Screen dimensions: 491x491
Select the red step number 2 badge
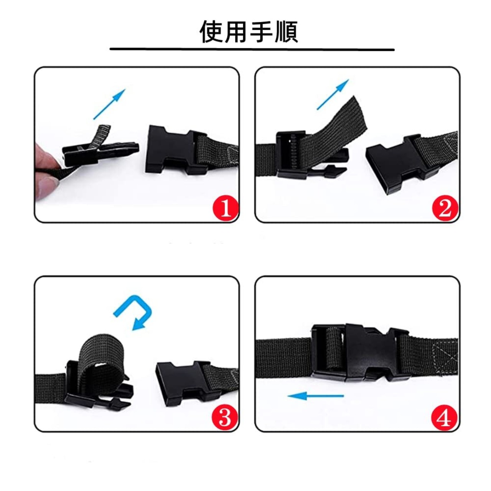pos(445,209)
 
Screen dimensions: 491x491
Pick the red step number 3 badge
pos(225,417)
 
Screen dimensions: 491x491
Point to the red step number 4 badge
pos(444,417)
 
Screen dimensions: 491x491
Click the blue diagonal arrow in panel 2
pos(333,94)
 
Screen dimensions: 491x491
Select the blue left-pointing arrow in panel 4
pos(316,396)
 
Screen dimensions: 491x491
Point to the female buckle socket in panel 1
pos(176,150)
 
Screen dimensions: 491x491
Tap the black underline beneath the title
pos(252,49)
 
